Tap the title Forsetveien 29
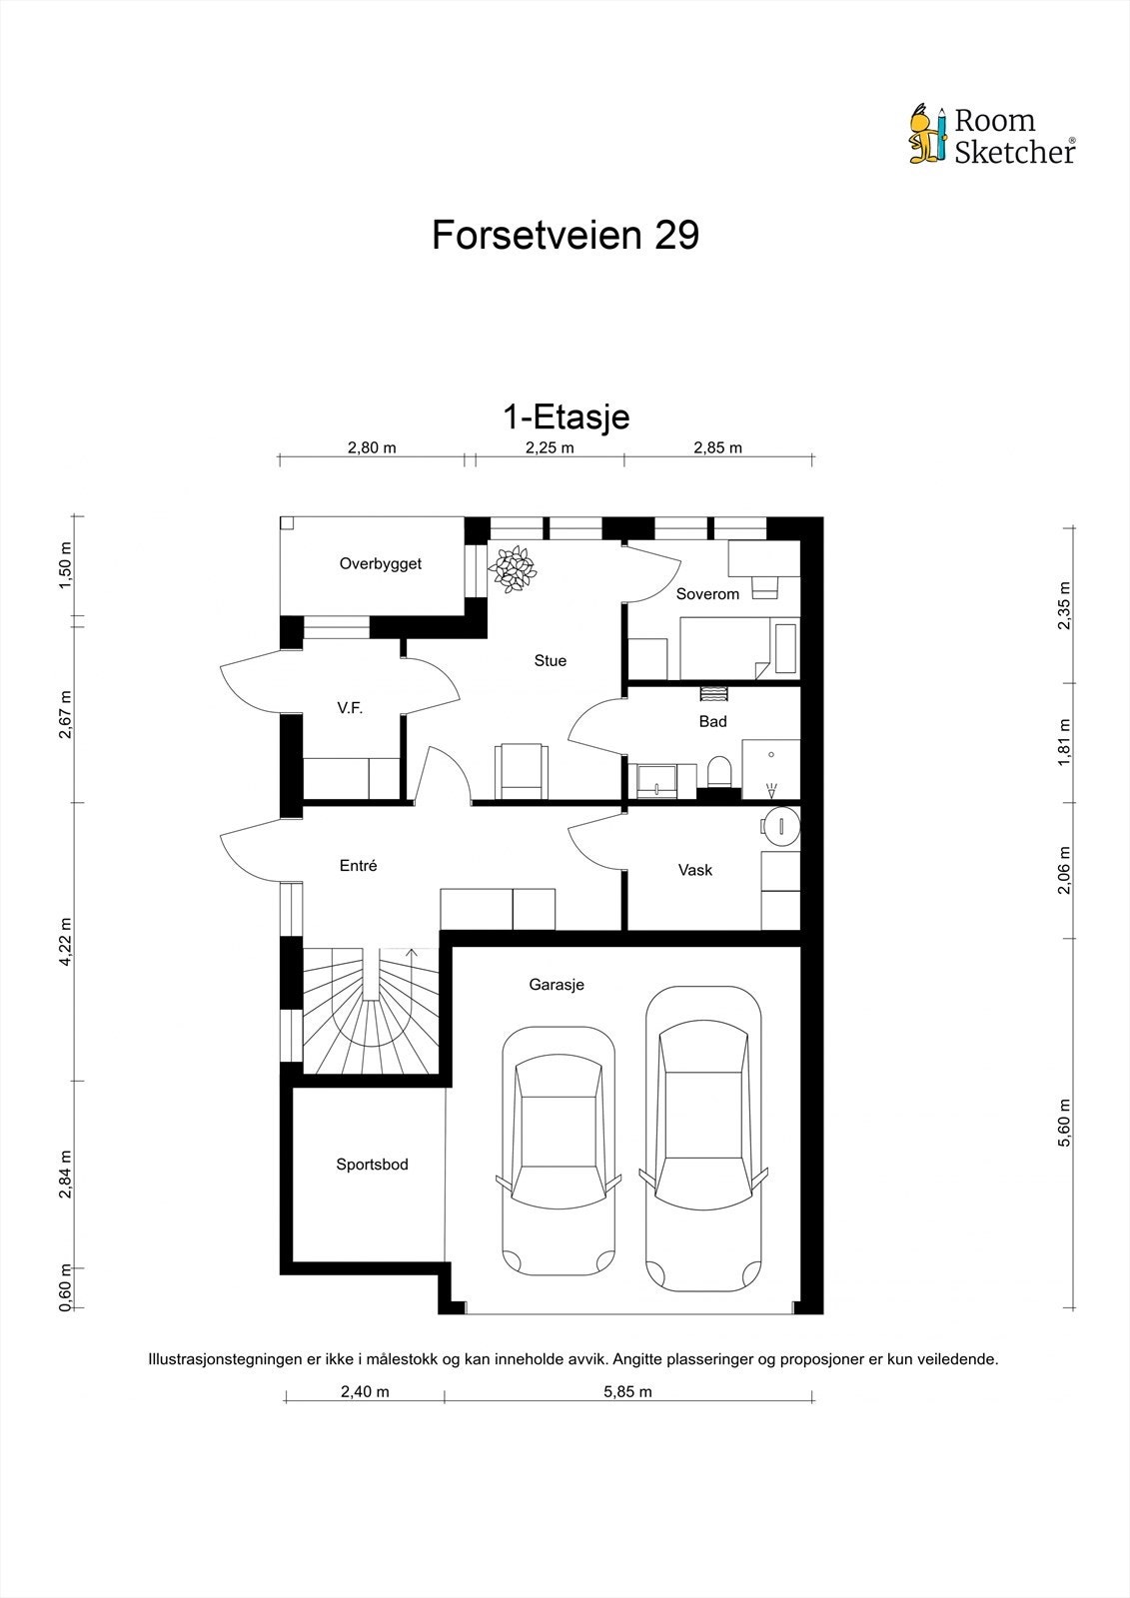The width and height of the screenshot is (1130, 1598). (565, 235)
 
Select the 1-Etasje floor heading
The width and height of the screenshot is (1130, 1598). (566, 417)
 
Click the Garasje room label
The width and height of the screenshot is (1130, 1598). (557, 985)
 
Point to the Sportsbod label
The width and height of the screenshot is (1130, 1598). (372, 1165)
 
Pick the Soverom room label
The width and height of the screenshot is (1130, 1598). (707, 593)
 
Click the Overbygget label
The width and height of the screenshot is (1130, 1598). (381, 563)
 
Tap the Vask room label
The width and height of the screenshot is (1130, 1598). (695, 870)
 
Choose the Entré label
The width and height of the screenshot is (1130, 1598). (359, 865)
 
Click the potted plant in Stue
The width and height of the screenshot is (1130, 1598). (512, 568)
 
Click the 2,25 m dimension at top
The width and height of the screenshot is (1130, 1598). (550, 448)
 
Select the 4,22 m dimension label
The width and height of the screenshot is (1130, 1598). (66, 941)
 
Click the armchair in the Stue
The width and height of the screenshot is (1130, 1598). (522, 770)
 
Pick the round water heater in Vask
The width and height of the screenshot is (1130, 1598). (780, 826)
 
